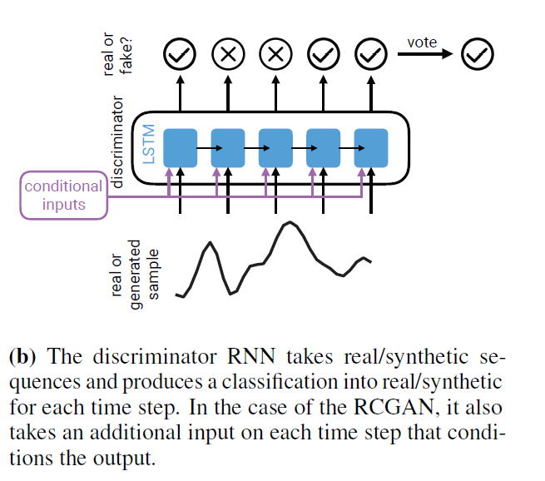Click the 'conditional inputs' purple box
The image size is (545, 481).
tap(62, 196)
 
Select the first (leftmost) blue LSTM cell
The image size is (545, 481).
tap(179, 147)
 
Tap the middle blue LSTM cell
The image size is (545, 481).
tap(275, 147)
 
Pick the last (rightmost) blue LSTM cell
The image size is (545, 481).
tap(371, 147)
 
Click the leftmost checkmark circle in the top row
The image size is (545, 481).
tap(179, 55)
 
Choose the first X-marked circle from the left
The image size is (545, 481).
tap(227, 55)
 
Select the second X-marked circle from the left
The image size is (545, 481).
tap(275, 55)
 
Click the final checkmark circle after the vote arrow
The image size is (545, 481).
tap(478, 55)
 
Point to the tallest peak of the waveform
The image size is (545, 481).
tap(288, 223)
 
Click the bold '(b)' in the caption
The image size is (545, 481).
tap(23, 358)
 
